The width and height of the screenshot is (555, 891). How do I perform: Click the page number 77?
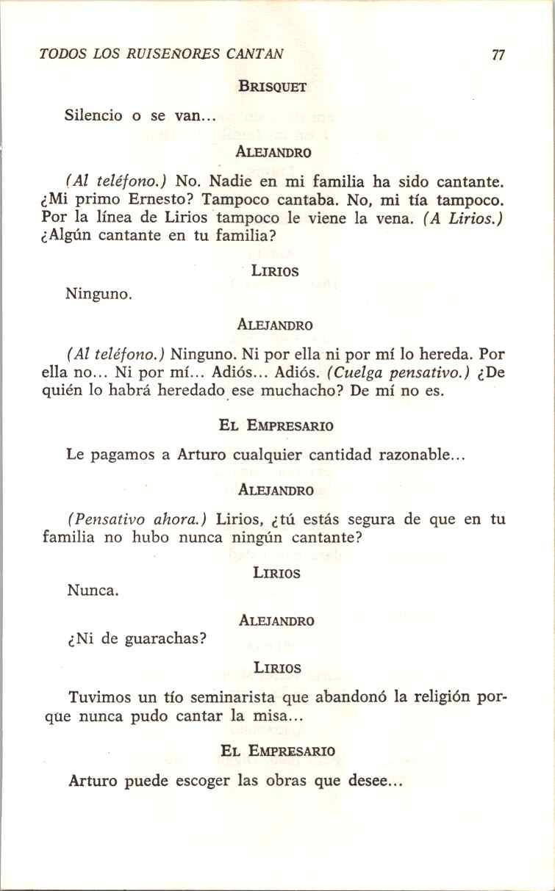(x=498, y=56)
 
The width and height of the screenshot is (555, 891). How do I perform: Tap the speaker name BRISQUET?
(x=272, y=86)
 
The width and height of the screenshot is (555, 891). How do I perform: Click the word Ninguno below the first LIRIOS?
(x=98, y=295)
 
